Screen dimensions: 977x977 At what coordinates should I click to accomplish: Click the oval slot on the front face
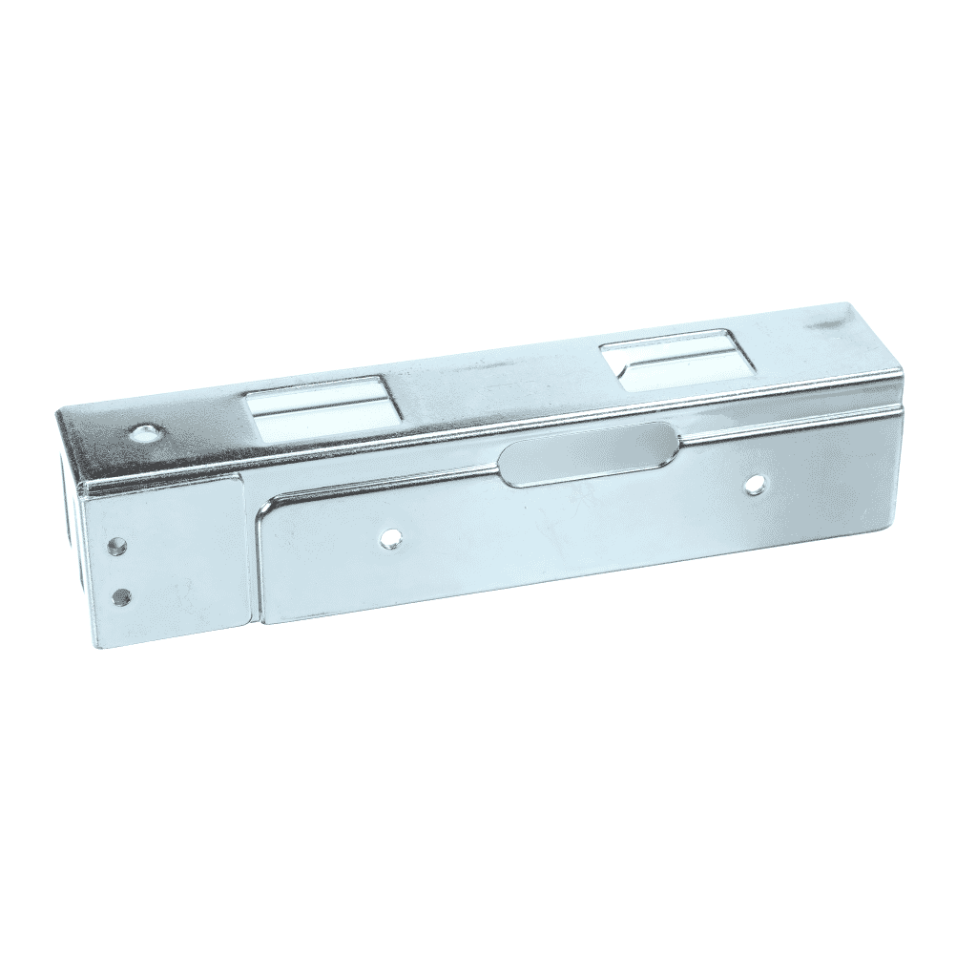pyautogui.click(x=590, y=453)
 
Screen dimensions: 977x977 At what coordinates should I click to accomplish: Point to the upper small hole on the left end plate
pyautogui.click(x=116, y=546)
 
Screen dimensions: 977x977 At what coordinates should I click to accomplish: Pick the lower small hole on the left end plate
pyautogui.click(x=121, y=597)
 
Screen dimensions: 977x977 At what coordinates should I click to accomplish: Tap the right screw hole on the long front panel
pyautogui.click(x=755, y=485)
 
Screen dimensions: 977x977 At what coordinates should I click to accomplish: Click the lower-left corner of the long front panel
pyautogui.click(x=262, y=622)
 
